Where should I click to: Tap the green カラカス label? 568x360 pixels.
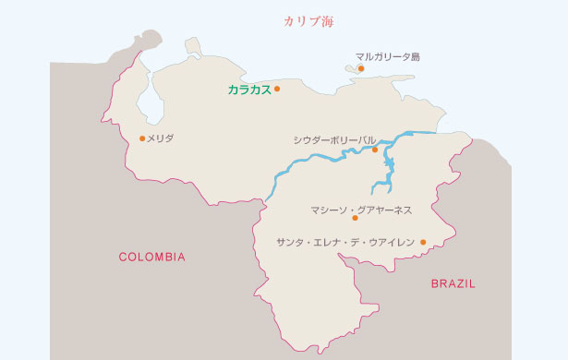tap(249, 90)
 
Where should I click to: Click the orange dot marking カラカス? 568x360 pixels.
tap(276, 90)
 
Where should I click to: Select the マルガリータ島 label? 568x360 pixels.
tap(387, 56)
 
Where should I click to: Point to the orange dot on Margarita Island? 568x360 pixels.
tap(361, 68)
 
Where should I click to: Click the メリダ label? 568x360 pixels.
tap(161, 138)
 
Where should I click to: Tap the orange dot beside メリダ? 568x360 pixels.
tap(141, 138)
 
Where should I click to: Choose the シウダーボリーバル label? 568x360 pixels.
tap(334, 139)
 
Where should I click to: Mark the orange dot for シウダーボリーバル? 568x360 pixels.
tap(375, 150)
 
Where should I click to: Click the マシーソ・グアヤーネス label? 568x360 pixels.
tap(361, 210)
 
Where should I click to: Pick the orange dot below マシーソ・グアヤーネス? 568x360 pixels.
tap(355, 219)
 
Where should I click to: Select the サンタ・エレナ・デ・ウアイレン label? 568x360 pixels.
tap(345, 242)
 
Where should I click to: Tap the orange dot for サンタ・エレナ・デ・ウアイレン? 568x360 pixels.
tap(423, 243)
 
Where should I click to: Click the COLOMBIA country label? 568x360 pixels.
tap(152, 257)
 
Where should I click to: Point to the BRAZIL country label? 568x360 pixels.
tap(453, 284)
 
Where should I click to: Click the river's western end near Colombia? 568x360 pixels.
tap(267, 196)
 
